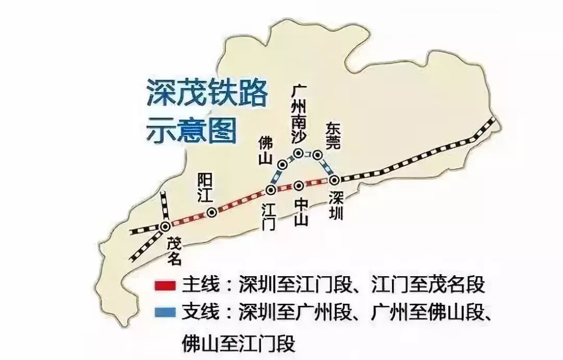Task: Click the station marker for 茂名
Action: pos(165,226)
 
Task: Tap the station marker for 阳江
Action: pos(212,213)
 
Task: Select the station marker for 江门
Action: pos(271,190)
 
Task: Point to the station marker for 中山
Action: pos(299,185)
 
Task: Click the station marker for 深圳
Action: pos(335,180)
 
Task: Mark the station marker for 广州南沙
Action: pos(299,153)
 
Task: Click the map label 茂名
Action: pos(176,251)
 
